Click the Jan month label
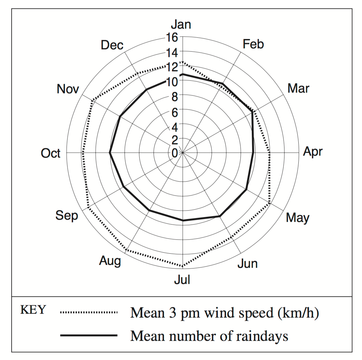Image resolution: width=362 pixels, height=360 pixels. [x=181, y=25]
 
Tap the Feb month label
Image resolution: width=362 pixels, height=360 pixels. [x=253, y=44]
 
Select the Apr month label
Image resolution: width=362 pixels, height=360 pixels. [x=313, y=152]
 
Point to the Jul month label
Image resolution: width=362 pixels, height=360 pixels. [x=182, y=280]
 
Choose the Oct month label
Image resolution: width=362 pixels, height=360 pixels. [x=50, y=153]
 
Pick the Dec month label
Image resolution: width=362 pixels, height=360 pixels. [x=112, y=45]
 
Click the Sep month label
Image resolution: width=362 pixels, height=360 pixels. [x=67, y=215]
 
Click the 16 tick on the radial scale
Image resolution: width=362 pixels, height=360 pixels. [x=172, y=37]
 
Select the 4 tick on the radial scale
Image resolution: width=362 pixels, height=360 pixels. [x=175, y=127]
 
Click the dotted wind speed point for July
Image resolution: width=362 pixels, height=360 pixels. [x=183, y=267]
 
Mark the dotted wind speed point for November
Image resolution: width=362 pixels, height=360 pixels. [x=92, y=101]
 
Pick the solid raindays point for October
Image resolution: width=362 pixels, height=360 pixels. [x=110, y=153]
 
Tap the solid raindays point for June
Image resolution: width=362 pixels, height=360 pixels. [x=219, y=216]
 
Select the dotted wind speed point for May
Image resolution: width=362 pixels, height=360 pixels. [x=269, y=203]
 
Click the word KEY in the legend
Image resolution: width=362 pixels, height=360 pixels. [x=33, y=310]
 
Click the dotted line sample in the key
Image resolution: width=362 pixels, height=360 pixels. [x=89, y=312]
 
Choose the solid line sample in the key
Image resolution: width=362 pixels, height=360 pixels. [x=89, y=336]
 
